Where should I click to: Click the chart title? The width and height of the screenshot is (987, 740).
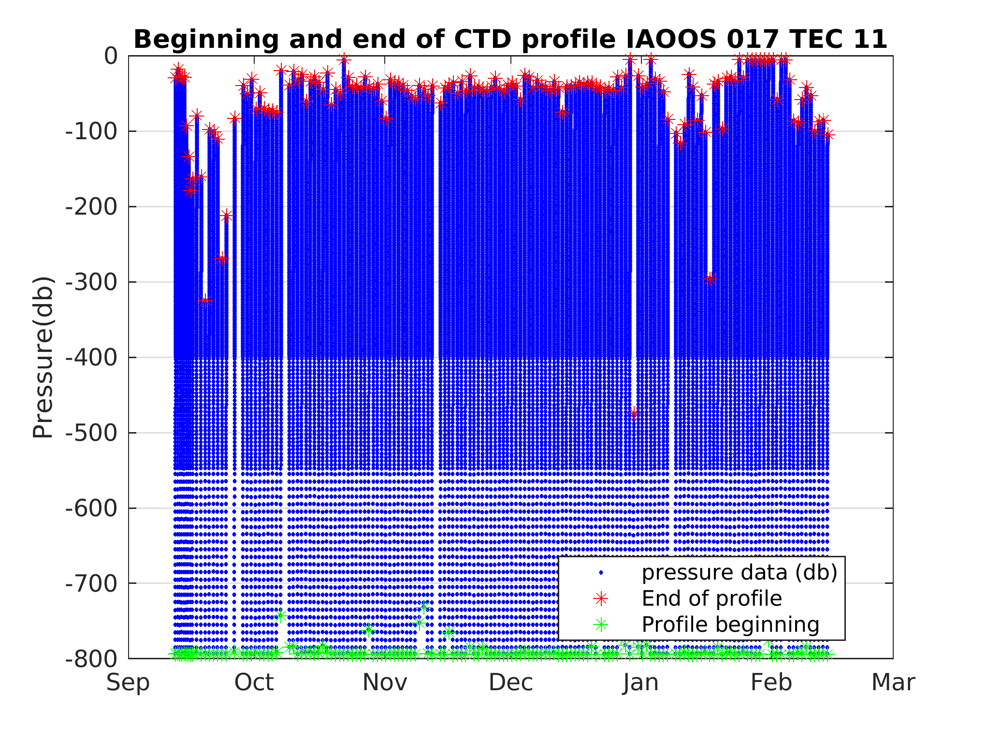(x=510, y=40)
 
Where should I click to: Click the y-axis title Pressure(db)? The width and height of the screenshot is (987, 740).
(x=43, y=357)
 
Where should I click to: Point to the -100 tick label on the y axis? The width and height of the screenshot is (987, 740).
(x=91, y=131)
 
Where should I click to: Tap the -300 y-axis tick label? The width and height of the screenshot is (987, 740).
(x=91, y=282)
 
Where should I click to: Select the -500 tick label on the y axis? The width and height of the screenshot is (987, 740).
(x=91, y=433)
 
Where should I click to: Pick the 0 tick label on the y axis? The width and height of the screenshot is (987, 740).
(x=111, y=56)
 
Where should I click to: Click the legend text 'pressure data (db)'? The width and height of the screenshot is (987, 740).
(x=739, y=573)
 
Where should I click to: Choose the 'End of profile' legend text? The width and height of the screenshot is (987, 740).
(x=711, y=599)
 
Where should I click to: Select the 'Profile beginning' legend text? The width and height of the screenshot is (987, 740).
(x=730, y=625)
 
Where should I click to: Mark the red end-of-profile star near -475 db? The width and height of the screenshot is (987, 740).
(x=634, y=413)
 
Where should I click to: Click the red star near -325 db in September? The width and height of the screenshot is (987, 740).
(x=205, y=301)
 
